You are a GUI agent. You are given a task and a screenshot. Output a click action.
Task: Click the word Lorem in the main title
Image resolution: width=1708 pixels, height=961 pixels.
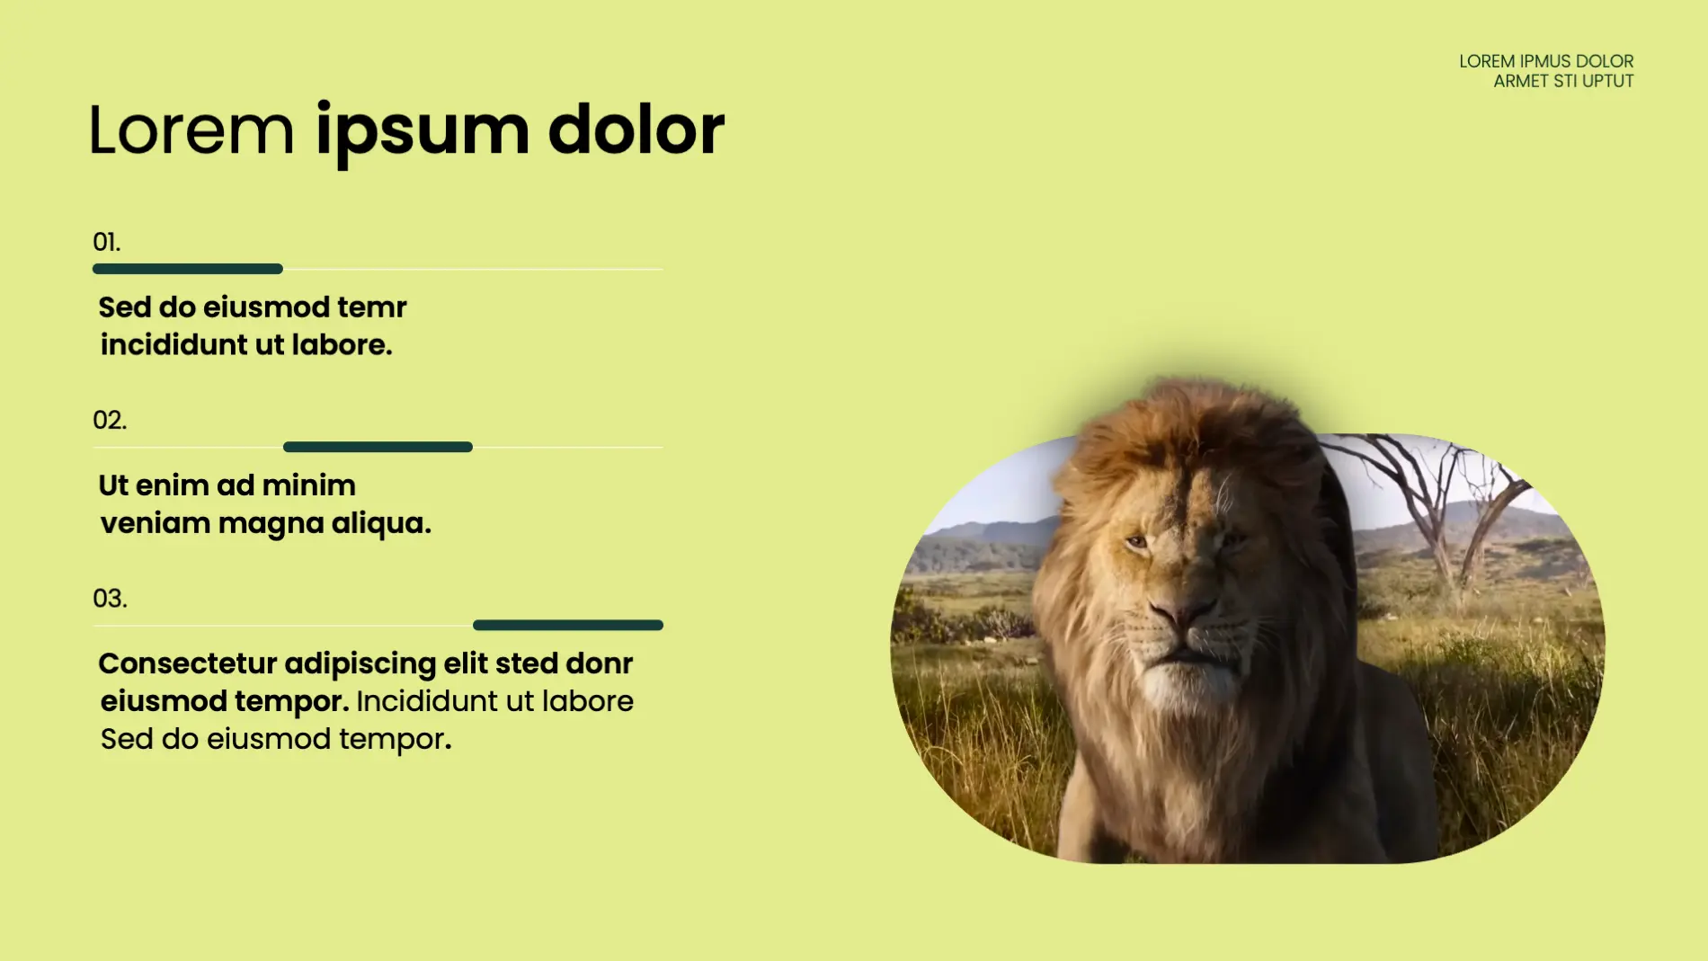(191, 130)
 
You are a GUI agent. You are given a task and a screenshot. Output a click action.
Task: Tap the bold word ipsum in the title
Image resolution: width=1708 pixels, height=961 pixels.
(422, 134)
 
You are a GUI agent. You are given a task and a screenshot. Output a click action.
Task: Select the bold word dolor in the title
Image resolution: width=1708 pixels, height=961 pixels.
(636, 129)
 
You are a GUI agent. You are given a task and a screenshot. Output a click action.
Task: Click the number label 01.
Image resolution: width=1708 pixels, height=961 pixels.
(106, 242)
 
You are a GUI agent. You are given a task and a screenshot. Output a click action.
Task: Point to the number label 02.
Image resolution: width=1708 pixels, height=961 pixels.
(110, 420)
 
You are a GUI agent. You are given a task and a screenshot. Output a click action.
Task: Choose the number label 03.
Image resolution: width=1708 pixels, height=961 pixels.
(110, 598)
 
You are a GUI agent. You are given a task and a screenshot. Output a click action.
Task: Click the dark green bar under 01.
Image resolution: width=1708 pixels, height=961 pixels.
(188, 269)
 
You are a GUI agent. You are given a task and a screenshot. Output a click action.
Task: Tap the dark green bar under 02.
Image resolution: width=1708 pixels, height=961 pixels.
(378, 447)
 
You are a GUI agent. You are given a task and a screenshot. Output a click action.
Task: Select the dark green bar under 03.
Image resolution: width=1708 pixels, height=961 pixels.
(568, 625)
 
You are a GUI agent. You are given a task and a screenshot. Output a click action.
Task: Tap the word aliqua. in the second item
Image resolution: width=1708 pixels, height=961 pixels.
(381, 523)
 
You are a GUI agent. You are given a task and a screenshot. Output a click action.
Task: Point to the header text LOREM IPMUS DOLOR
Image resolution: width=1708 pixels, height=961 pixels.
(1546, 61)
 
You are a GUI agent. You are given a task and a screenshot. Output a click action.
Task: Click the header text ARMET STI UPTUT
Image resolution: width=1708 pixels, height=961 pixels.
(1563, 81)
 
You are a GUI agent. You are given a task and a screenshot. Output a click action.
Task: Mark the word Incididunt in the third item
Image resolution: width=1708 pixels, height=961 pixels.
(427, 701)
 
